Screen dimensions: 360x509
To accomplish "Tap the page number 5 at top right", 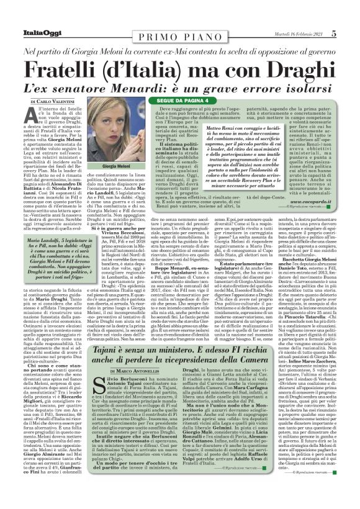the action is point(351,16).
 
